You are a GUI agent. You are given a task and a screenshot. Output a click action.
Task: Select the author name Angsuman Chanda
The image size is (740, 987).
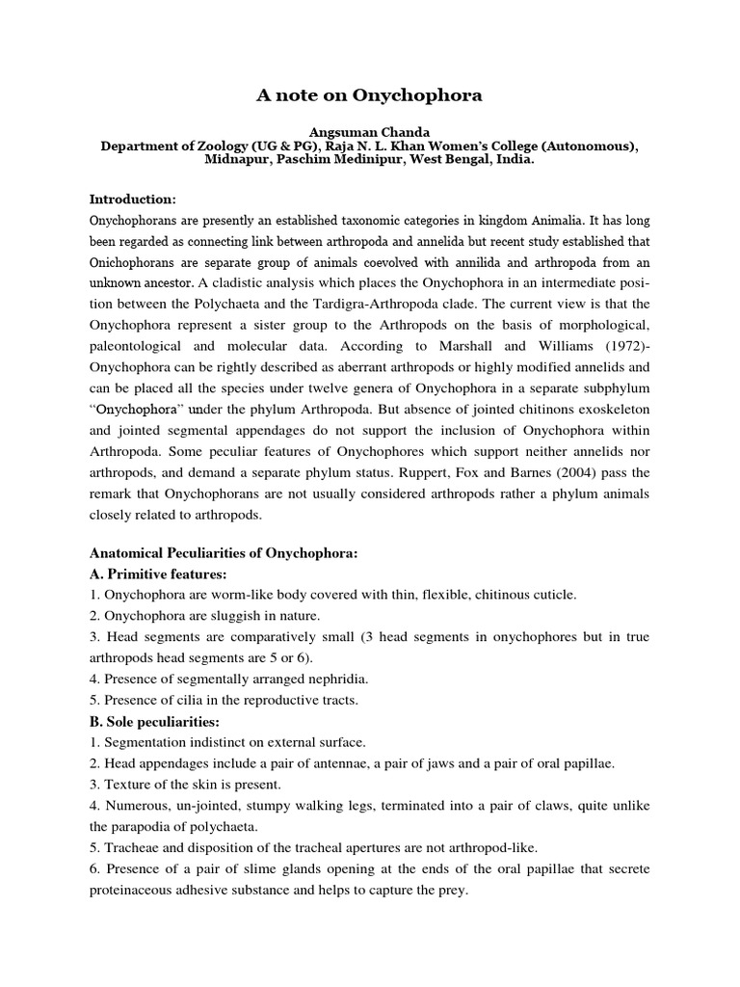coord(369,132)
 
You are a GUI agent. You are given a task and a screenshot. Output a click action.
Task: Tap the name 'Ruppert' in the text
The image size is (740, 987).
coord(380,472)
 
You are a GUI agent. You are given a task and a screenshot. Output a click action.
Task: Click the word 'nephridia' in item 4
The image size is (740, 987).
coord(338,679)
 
